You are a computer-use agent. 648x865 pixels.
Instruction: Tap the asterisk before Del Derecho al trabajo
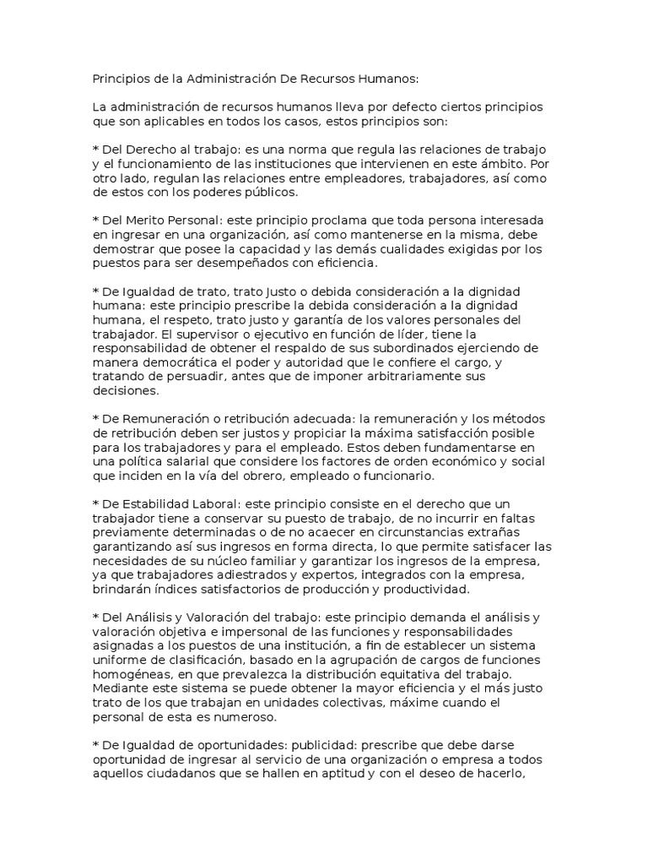95,150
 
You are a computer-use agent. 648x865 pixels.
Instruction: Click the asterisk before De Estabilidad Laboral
95,505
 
